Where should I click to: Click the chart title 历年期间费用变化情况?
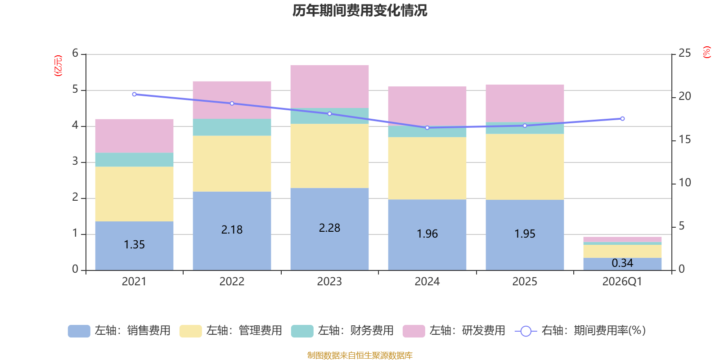tap(360, 10)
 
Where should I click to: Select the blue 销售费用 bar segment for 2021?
tap(134, 245)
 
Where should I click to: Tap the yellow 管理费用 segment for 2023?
tap(329, 156)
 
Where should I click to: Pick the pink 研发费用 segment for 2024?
tap(427, 106)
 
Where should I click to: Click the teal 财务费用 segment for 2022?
tap(232, 127)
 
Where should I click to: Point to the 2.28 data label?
tap(329, 228)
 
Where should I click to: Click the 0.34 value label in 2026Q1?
tap(622, 263)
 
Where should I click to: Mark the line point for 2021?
tap(134, 94)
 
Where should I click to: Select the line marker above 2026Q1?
tap(622, 119)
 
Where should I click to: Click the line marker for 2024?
tap(427, 128)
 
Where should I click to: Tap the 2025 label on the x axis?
tap(525, 282)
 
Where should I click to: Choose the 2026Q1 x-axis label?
tap(622, 282)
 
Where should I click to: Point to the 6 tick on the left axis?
tap(75, 54)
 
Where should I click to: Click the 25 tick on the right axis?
tap(684, 54)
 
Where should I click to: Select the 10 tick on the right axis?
tap(684, 183)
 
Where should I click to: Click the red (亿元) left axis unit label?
tap(58, 66)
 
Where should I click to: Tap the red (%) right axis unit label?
tap(707, 52)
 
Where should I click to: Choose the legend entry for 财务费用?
tap(342, 331)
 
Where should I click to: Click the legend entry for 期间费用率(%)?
tap(580, 331)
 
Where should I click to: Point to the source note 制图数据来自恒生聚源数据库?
tap(360, 355)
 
